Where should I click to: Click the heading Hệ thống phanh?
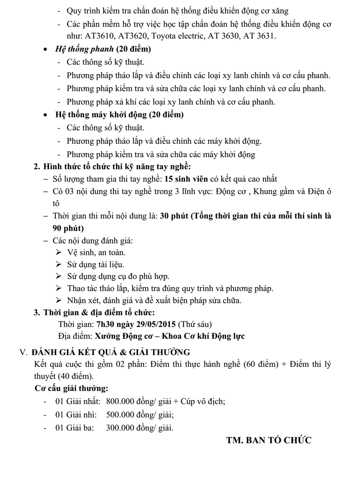(x=84, y=49)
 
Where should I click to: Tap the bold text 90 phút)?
(x=68, y=228)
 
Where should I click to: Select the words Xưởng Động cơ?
(x=123, y=336)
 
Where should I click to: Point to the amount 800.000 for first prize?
(x=120, y=401)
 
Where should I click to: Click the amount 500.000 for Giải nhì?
(x=120, y=415)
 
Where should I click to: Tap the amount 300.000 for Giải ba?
(x=120, y=428)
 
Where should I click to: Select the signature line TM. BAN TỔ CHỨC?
(x=269, y=440)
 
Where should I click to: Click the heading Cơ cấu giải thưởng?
(x=71, y=389)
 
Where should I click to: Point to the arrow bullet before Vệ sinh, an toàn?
(x=59, y=252)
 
